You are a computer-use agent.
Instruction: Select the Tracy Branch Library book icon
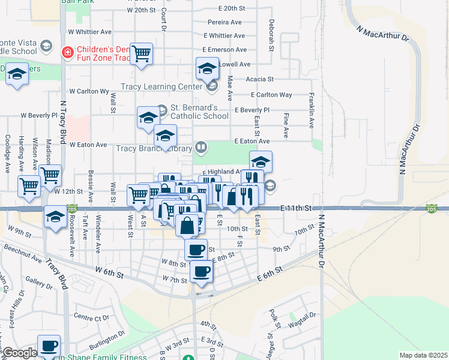click(201, 147)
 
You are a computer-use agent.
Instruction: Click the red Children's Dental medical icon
click(68, 52)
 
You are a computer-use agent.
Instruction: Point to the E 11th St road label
click(297, 208)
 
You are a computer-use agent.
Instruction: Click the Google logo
click(20, 353)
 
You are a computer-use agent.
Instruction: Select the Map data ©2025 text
click(423, 355)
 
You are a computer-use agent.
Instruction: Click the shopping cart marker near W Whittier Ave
click(141, 54)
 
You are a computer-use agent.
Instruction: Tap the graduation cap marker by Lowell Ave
click(207, 68)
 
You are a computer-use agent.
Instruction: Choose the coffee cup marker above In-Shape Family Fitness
click(49, 346)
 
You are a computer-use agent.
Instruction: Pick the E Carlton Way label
click(271, 95)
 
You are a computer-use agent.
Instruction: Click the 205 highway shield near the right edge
click(431, 208)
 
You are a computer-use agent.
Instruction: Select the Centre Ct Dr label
click(90, 316)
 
